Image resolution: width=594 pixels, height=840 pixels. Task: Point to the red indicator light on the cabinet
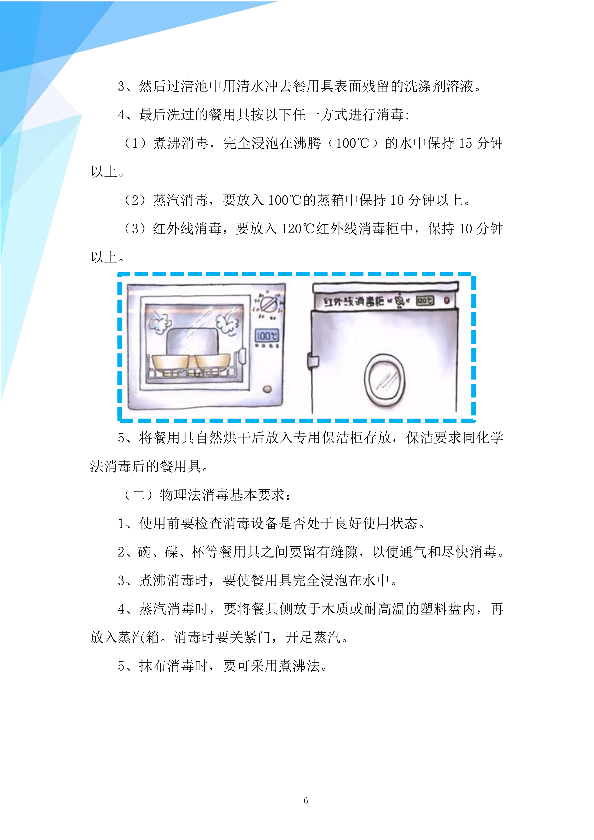(x=447, y=300)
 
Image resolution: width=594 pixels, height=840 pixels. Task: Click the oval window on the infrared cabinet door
(x=384, y=380)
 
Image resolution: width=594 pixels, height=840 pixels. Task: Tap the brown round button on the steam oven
(x=267, y=389)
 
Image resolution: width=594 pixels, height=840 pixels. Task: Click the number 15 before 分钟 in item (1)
(x=465, y=143)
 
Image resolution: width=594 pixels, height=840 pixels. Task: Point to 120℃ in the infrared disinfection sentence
(x=298, y=229)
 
